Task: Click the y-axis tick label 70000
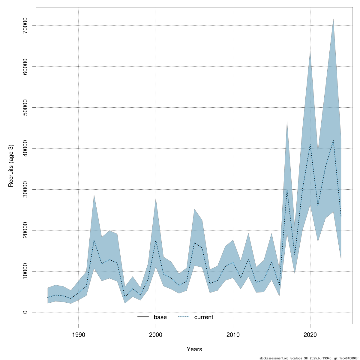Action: click(x=25, y=25)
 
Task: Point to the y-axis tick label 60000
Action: click(x=25, y=67)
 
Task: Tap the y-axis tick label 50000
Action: click(x=25, y=107)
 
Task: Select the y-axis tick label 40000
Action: click(x=25, y=148)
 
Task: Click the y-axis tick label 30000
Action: click(x=25, y=189)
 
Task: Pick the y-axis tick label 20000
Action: click(x=25, y=230)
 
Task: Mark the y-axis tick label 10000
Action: click(x=25, y=271)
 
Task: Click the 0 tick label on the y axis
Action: click(x=25, y=312)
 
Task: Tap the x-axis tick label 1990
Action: click(x=79, y=335)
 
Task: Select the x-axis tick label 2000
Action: click(x=156, y=335)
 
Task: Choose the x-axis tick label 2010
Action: click(x=233, y=335)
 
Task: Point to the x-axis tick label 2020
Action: click(x=310, y=335)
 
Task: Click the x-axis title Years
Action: click(x=194, y=349)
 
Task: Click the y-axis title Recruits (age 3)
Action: click(x=11, y=166)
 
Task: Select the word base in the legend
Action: click(x=160, y=317)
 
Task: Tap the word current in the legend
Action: click(x=204, y=317)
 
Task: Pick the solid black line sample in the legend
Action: click(x=143, y=317)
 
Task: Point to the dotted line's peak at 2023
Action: click(x=333, y=140)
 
